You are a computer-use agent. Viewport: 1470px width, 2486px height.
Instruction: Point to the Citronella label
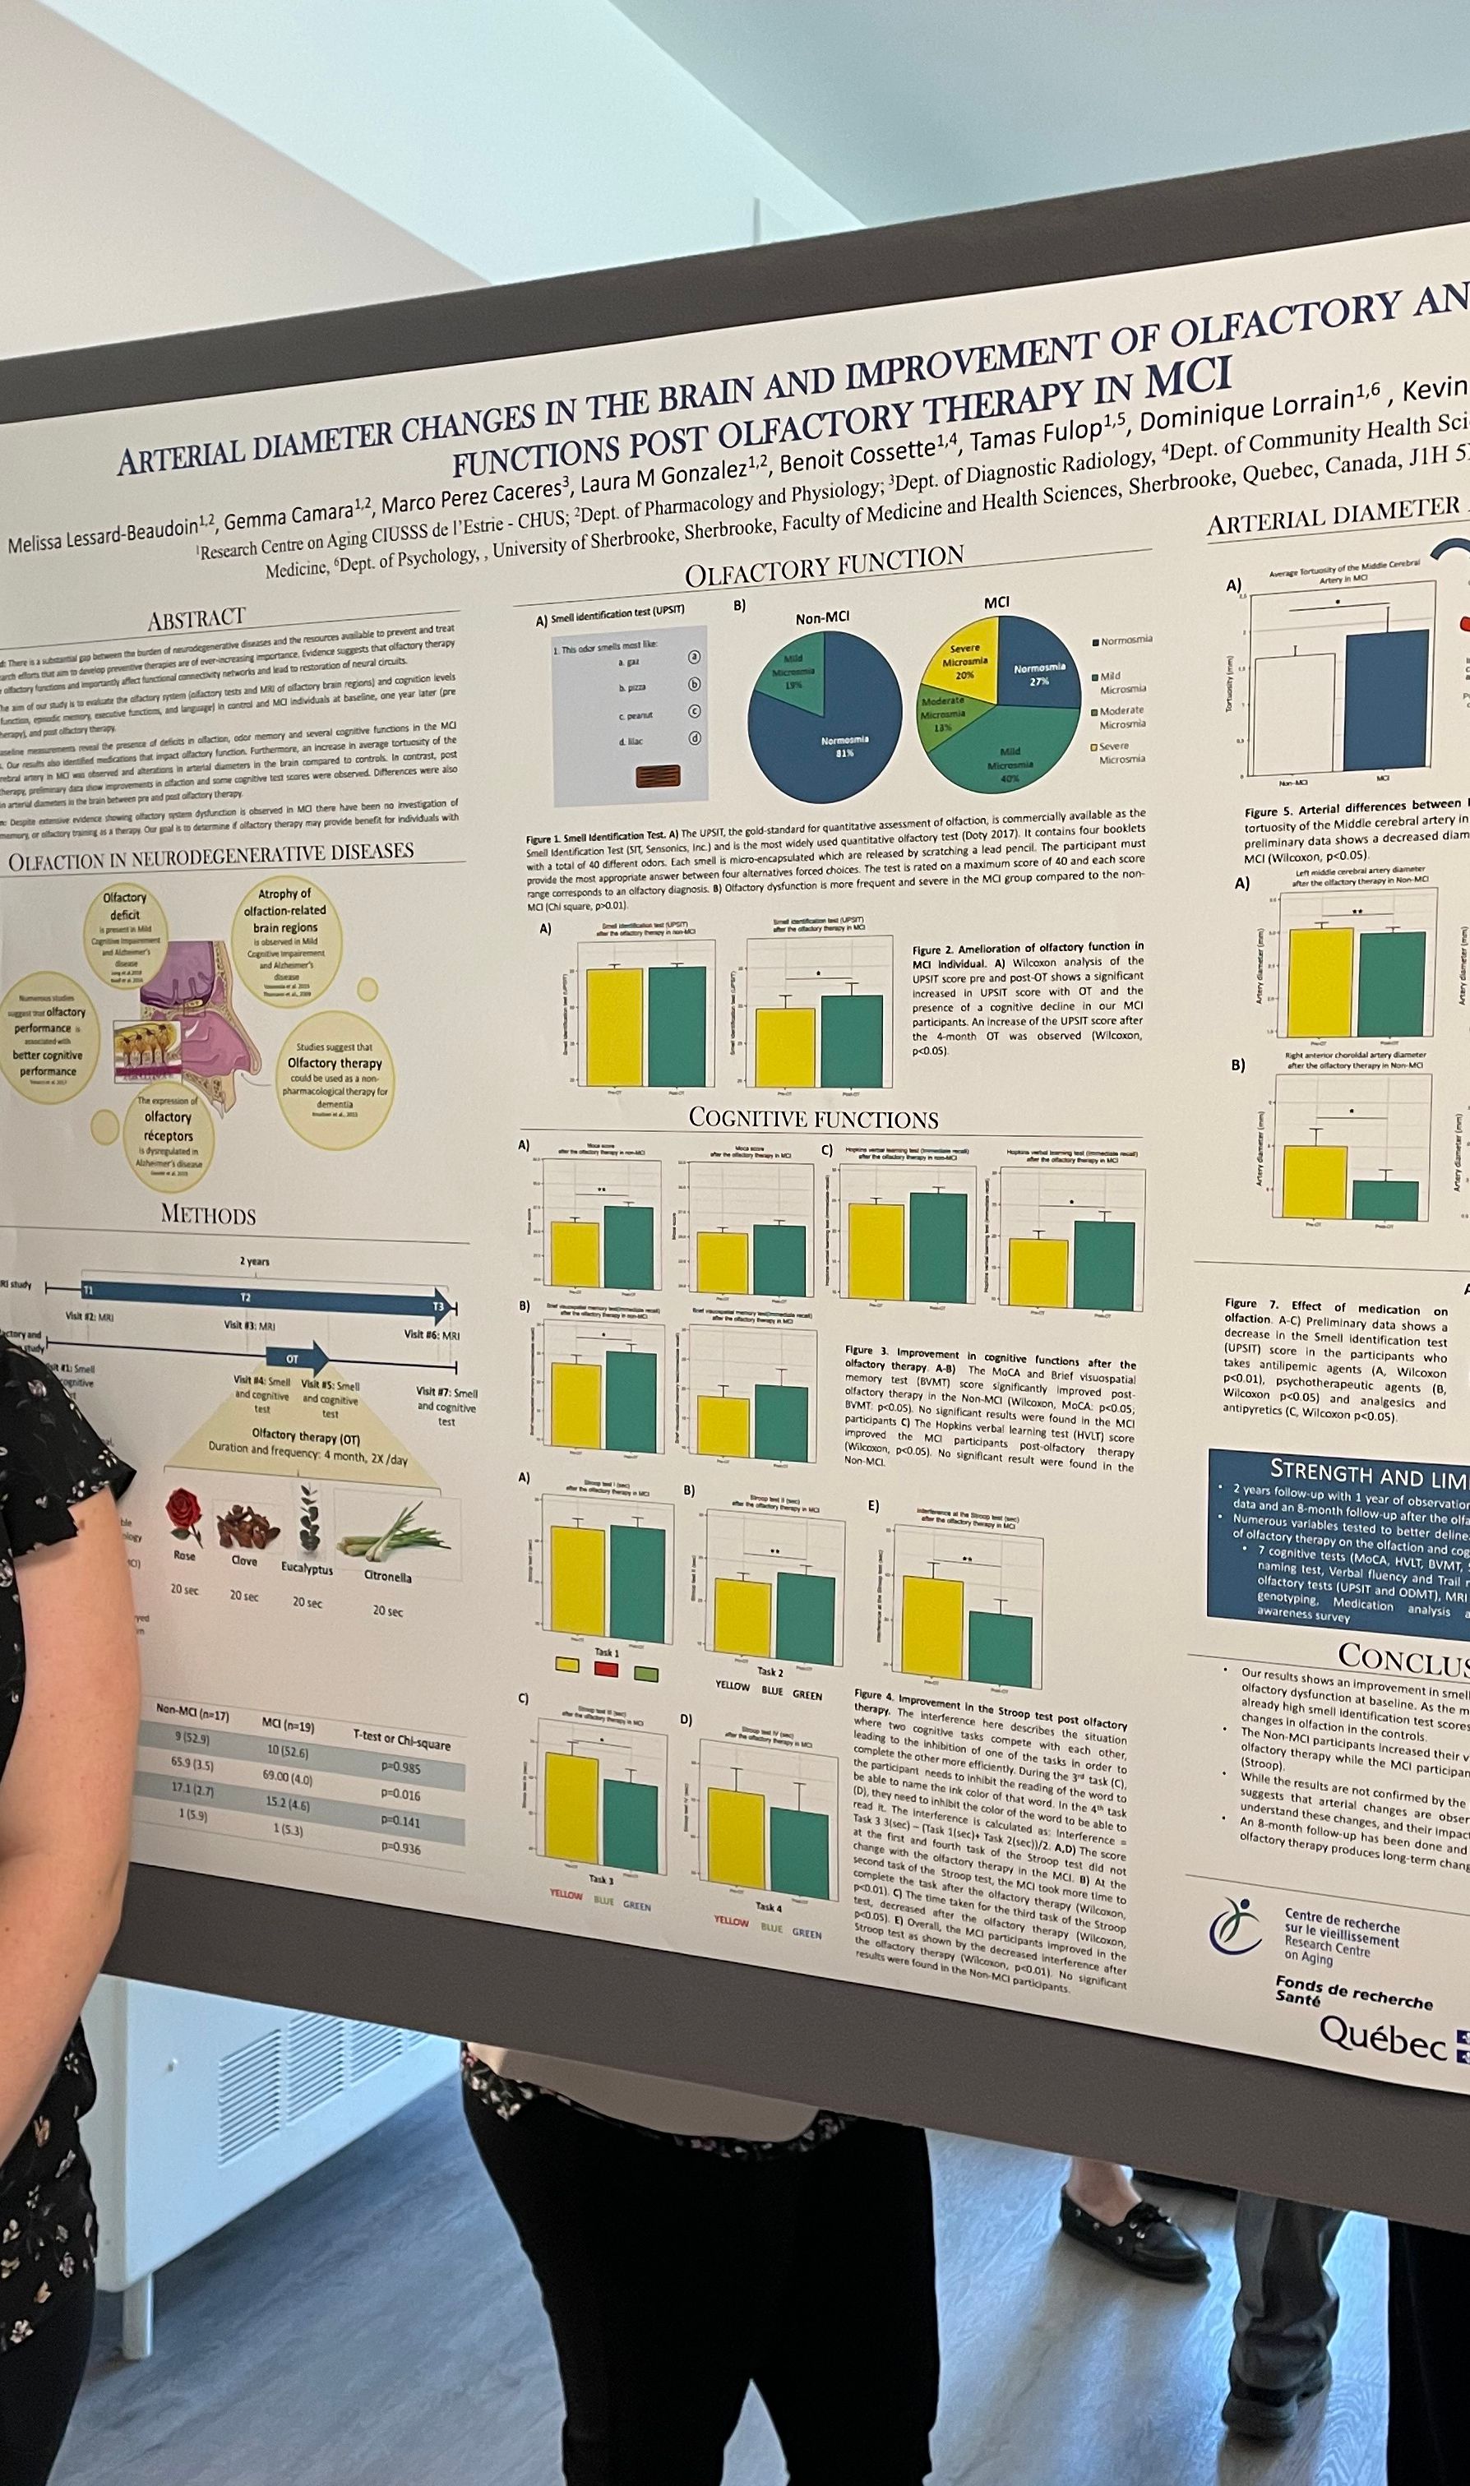coord(387,1576)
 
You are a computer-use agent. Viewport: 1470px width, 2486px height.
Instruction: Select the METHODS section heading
coord(208,1214)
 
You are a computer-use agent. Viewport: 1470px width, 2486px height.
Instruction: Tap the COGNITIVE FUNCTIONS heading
coord(813,1119)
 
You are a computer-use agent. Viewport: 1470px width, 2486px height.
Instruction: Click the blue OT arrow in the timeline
coord(297,1358)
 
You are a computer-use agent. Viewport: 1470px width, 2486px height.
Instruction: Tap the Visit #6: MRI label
coord(431,1334)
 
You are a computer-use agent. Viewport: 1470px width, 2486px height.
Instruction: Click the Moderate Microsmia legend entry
coord(1121,717)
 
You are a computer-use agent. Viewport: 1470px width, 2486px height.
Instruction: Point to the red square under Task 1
coord(606,1670)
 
